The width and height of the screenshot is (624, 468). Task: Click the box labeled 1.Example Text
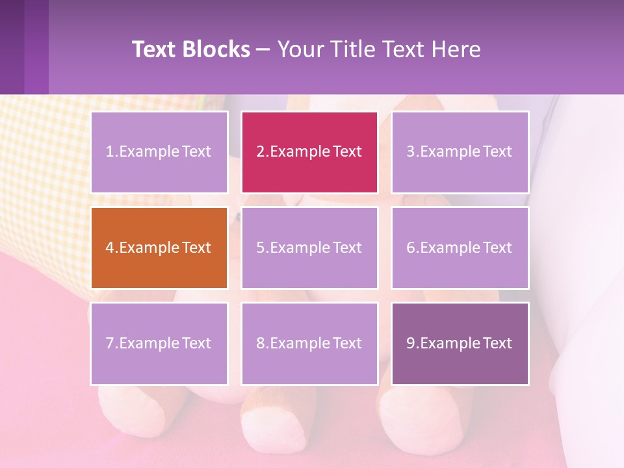tap(159, 152)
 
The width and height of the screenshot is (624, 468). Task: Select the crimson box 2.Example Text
tap(309, 152)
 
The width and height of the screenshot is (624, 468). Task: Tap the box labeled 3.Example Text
tap(460, 152)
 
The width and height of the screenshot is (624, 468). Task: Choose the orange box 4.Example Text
tap(159, 248)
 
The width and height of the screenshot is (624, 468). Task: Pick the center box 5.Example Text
tap(309, 248)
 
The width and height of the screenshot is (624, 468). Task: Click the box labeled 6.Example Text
tap(460, 248)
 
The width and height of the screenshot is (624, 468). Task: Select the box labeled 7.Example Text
tap(159, 343)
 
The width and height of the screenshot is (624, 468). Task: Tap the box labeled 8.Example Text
tap(309, 343)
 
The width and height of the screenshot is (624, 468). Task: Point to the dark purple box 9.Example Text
tap(460, 343)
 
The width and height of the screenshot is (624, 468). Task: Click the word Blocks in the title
tap(216, 49)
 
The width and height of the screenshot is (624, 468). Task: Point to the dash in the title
tap(263, 49)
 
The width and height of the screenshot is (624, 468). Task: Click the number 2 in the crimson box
tap(260, 152)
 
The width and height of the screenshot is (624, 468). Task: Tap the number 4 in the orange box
tap(110, 248)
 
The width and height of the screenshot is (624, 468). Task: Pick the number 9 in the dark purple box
tap(411, 343)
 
